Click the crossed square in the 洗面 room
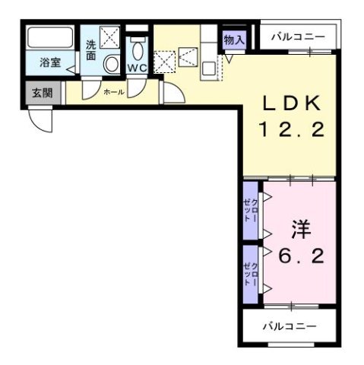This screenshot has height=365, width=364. coord(111,35)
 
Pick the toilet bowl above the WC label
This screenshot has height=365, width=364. coord(137,49)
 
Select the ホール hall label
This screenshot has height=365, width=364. coord(113,91)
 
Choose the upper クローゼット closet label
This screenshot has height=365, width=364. coord(250,207)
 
